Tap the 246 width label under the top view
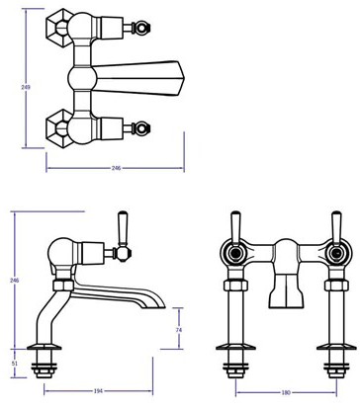coord(116,169)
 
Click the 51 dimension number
coord(14,364)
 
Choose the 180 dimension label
coord(286,394)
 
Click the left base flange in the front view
coord(237,356)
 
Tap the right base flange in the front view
coord(332,356)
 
